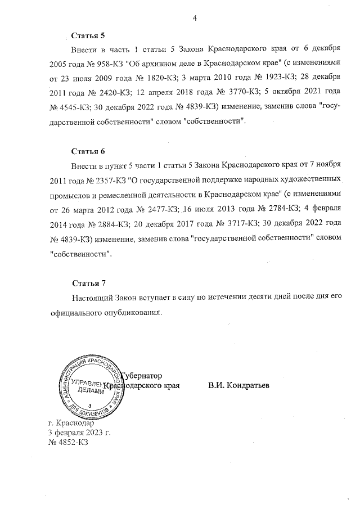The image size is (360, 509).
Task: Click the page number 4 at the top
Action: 195,18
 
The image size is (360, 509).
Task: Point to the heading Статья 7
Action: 88,282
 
